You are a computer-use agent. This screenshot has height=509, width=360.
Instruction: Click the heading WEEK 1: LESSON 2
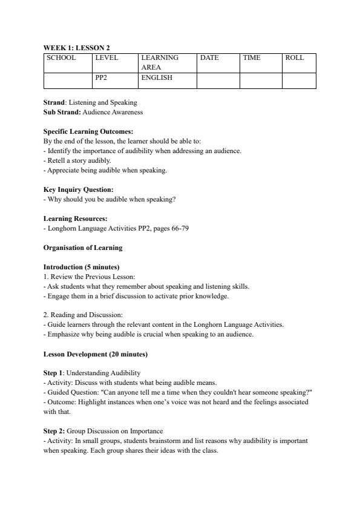pyautogui.click(x=76, y=47)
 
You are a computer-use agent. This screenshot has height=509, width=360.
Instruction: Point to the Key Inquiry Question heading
pyautogui.click(x=78, y=189)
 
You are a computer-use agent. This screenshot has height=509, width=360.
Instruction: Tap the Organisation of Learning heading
pyautogui.click(x=82, y=248)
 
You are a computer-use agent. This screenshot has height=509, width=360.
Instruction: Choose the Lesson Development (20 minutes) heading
pyautogui.click(x=95, y=354)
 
